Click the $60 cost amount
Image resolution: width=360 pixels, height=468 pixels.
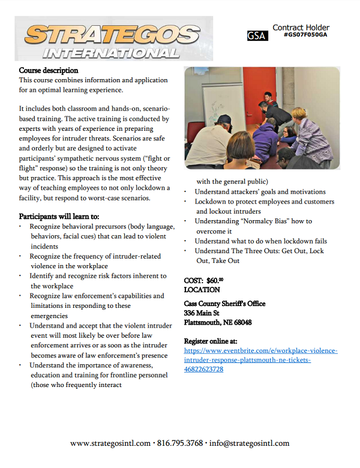pos(215,280)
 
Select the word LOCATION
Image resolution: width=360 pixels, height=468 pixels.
pos(202,290)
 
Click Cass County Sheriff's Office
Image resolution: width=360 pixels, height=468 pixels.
pos(224,304)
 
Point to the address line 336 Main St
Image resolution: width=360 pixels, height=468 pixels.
pos(202,313)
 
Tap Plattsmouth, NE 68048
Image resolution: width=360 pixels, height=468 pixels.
pos(218,322)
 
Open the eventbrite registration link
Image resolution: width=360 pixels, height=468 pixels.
pos(260,360)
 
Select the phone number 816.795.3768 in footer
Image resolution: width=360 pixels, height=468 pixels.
pos(180,444)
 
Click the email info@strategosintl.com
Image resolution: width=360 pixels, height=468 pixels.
pos(249,444)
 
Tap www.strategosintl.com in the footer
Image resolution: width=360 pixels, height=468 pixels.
pos(110,444)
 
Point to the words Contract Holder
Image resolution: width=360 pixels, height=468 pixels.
pos(301,27)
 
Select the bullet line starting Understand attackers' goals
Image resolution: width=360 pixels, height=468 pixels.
pos(260,192)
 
